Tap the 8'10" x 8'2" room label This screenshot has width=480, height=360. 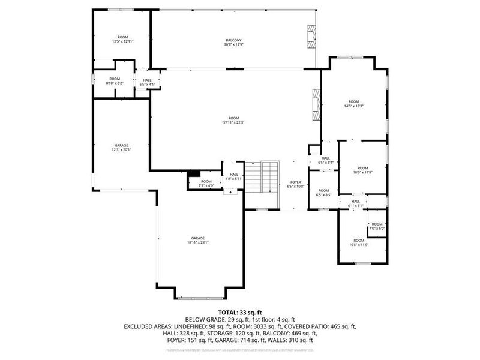click(x=115, y=81)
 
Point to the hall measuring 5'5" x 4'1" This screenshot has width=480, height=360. click(x=147, y=82)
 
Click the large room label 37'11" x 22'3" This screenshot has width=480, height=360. click(x=233, y=120)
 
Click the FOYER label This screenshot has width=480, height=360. click(x=295, y=184)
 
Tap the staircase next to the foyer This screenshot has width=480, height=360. click(x=263, y=178)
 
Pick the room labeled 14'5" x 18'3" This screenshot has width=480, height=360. click(x=354, y=104)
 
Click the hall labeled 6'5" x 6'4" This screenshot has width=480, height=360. click(x=325, y=160)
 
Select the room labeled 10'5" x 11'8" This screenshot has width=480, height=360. click(x=362, y=170)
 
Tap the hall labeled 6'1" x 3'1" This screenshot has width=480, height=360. click(x=355, y=203)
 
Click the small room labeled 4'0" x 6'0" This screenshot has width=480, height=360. click(x=376, y=226)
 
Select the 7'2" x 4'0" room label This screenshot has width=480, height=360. click(x=206, y=184)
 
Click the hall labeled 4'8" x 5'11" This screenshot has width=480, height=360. click(x=233, y=176)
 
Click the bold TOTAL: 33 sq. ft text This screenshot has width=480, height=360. click(x=239, y=313)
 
